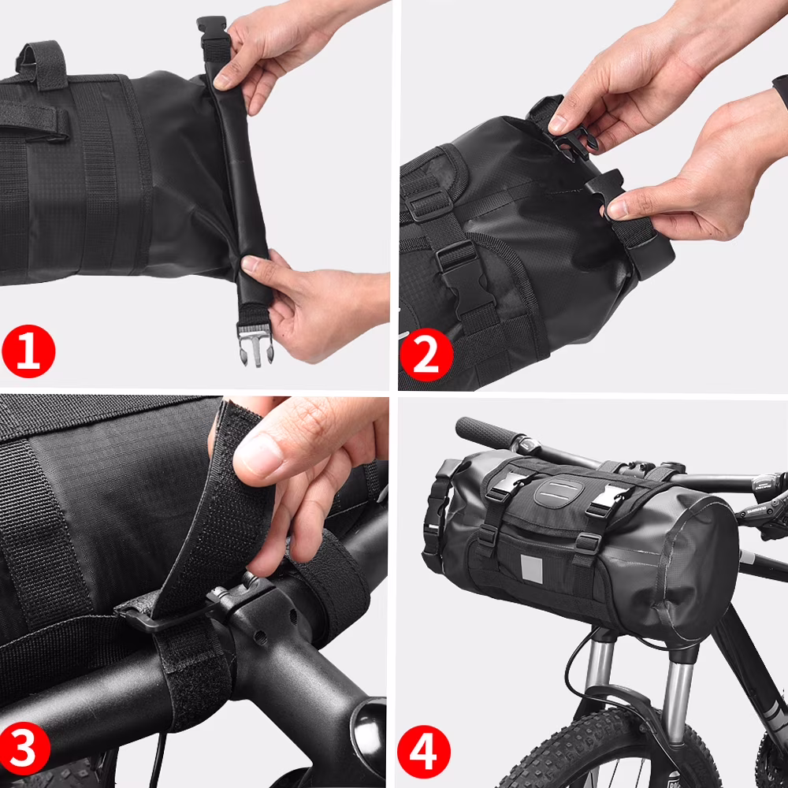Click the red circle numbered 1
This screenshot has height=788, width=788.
28,352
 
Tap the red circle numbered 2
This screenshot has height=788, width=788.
426,356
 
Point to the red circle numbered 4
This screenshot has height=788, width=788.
424,751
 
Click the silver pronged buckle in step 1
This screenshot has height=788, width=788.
255,344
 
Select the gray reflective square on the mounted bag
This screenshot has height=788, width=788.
533,568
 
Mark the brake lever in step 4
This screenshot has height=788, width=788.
760,504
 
